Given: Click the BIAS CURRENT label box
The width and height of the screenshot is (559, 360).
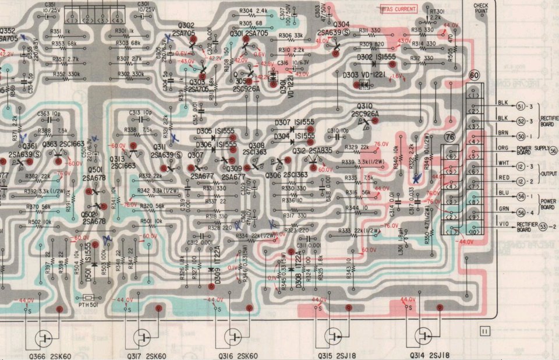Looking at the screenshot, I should point(399,9).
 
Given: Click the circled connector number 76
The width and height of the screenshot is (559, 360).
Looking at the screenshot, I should point(450,137).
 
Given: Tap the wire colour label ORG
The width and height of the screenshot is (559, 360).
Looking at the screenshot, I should point(504,148).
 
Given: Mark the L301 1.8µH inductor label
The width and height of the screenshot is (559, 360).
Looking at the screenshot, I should point(401,245).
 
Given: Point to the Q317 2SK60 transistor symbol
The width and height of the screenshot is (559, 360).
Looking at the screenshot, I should point(142,337).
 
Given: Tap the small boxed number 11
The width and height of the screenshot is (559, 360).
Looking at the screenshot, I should point(484,331).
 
